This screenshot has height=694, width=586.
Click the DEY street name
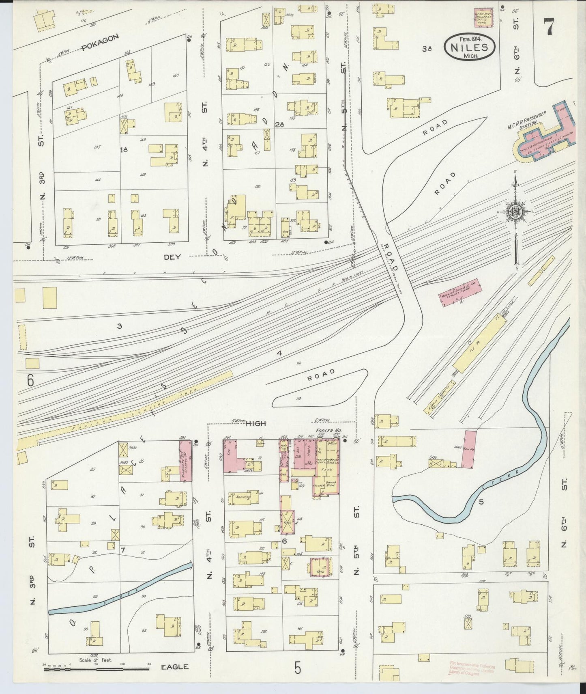click(x=172, y=256)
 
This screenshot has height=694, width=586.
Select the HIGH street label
click(x=256, y=423)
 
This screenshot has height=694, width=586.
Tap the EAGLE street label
click(x=175, y=667)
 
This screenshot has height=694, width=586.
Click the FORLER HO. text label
click(x=323, y=431)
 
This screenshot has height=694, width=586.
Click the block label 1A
click(x=124, y=150)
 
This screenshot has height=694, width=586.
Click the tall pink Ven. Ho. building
click(x=468, y=449)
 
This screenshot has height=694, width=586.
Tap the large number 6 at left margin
click(x=30, y=380)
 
